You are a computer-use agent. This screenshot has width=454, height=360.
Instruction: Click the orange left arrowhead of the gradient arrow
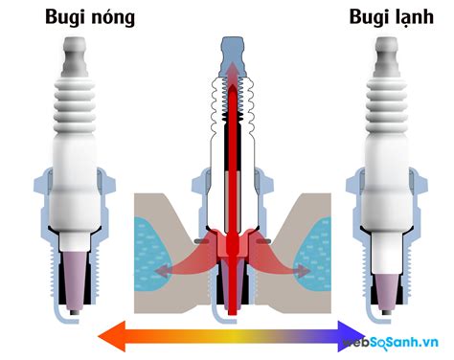(x=108, y=336)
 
